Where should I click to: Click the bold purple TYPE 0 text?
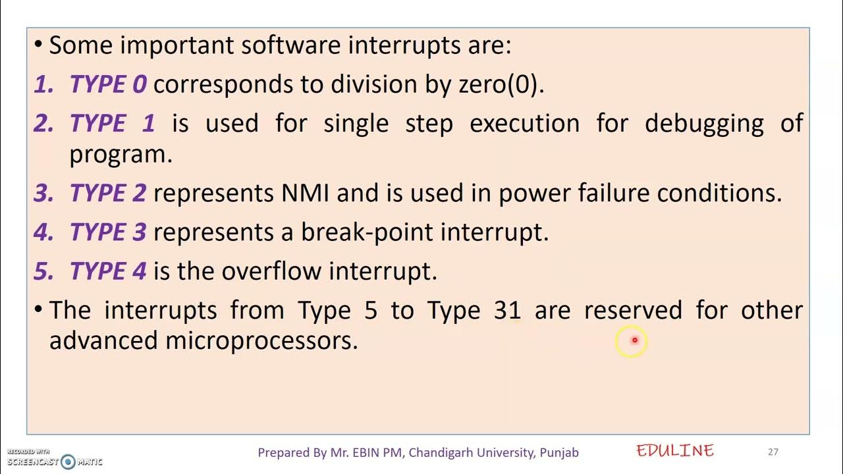tap(108, 85)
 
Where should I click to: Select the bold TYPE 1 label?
tap(112, 124)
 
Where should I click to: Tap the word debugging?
tap(704, 124)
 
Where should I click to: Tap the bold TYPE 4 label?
tap(108, 271)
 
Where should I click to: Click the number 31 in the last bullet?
tap(508, 310)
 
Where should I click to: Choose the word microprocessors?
tap(261, 341)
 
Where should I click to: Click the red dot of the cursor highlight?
tap(634, 340)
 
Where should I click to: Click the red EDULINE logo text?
tap(675, 451)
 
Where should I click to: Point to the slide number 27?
tap(773, 452)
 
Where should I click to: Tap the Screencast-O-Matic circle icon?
tap(68, 461)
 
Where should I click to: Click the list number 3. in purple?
tap(43, 194)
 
